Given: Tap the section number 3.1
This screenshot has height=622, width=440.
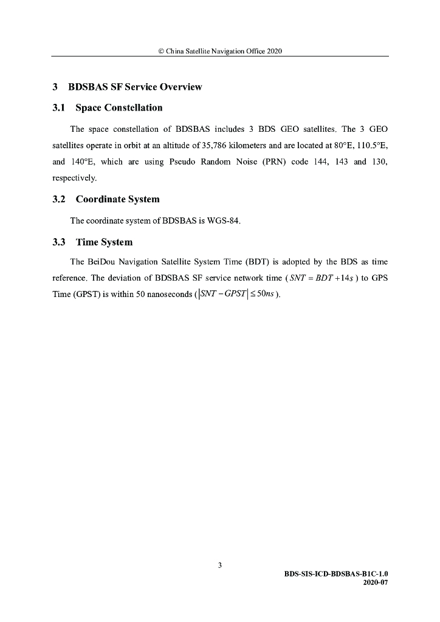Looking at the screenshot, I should (x=59, y=108).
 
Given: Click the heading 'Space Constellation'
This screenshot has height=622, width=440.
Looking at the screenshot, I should (x=119, y=108).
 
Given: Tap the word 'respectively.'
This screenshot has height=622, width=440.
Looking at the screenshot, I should (x=74, y=179).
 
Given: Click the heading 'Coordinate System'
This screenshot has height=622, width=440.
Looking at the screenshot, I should (x=117, y=199).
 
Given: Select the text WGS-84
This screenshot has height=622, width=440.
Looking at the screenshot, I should (x=225, y=220).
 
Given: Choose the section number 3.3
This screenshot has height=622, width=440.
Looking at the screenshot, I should (x=59, y=242).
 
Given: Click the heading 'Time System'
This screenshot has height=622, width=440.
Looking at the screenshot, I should (x=104, y=242).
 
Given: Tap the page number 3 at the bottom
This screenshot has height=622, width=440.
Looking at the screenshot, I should (x=220, y=566).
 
